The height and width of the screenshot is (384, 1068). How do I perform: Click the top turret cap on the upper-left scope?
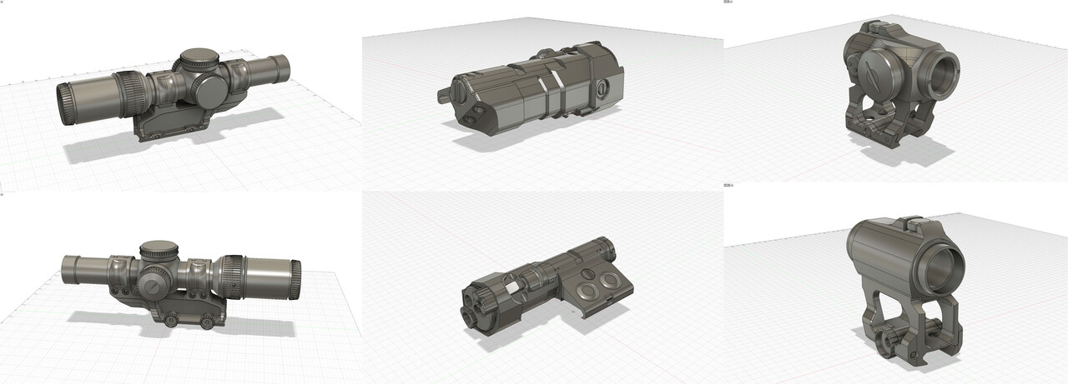[197, 59]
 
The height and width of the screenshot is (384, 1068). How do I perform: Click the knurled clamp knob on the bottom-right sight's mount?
[891, 339]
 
